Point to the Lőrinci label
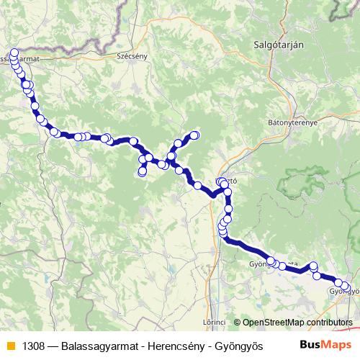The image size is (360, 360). pos(215,322)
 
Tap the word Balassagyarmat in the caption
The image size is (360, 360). pos(94,346)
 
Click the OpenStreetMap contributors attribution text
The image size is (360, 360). pos(297,322)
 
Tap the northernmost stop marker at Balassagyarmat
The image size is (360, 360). pos(14,53)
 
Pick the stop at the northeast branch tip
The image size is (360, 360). pos(194,135)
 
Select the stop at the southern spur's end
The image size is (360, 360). pos(142,172)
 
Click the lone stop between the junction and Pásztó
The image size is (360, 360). pos(198,186)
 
